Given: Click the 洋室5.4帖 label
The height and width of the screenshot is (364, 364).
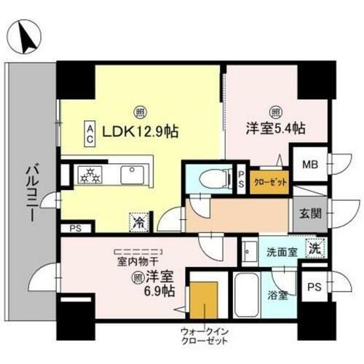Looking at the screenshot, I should coord(276,127).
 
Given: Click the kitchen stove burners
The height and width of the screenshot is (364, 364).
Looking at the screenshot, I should coord(92,175).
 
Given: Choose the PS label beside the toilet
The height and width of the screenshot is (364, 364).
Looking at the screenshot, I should coord(242,179).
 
